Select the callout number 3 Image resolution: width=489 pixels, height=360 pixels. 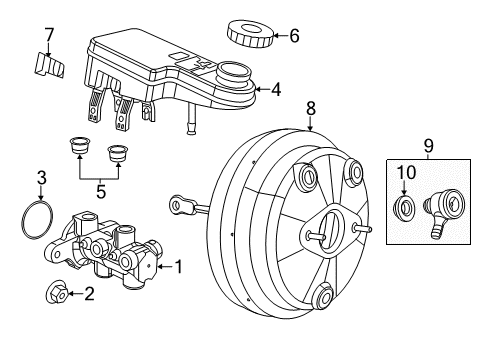click(x=41, y=178)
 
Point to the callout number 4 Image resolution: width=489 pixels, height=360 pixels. click(x=276, y=89)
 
